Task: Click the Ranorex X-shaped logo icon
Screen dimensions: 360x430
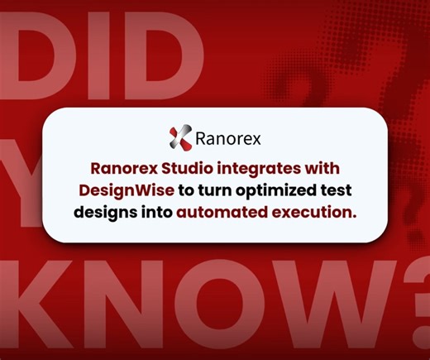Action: (x=179, y=135)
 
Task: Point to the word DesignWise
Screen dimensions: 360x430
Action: (x=122, y=189)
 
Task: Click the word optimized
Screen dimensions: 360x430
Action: (x=279, y=189)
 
